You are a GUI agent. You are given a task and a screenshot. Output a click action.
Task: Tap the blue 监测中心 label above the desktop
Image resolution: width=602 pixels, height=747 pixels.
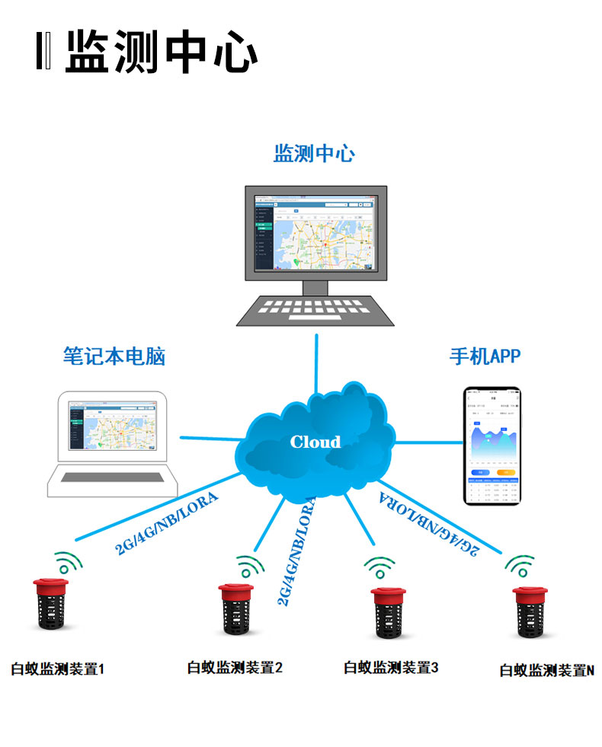(314, 153)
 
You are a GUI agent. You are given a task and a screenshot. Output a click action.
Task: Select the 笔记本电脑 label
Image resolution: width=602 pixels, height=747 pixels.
(114, 356)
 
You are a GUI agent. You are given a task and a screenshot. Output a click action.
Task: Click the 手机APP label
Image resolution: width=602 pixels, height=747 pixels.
(485, 356)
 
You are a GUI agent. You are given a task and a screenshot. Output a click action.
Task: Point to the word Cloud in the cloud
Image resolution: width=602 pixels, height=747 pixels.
(315, 442)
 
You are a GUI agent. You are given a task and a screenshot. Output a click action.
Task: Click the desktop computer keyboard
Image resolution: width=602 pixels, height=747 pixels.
(315, 309)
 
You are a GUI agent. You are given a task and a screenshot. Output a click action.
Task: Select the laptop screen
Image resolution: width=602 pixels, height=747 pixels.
(115, 428)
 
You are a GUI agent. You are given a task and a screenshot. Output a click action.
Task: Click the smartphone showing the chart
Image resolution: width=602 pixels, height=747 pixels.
(494, 445)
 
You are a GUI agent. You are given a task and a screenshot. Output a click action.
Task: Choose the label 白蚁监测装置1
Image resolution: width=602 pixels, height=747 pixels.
(57, 669)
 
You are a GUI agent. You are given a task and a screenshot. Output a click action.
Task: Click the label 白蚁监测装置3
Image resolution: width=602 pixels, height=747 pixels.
(391, 668)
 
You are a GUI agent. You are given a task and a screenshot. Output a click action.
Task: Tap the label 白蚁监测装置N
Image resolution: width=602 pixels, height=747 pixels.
(546, 670)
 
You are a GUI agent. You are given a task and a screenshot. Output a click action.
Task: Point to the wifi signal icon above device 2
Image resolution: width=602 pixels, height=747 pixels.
(249, 567)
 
